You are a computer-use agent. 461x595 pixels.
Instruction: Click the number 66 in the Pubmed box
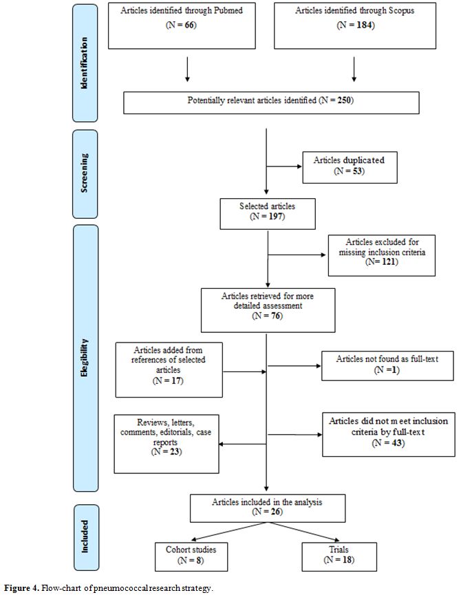click(x=190, y=25)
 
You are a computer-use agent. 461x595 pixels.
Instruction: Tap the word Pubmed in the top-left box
click(x=228, y=10)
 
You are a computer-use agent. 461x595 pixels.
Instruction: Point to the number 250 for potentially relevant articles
click(x=344, y=100)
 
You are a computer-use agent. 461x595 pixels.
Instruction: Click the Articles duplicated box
click(x=350, y=167)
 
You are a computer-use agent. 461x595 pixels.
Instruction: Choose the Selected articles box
click(x=268, y=214)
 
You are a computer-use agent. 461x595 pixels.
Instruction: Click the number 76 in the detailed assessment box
click(x=276, y=315)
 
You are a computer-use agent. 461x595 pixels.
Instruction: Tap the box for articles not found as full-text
click(x=387, y=366)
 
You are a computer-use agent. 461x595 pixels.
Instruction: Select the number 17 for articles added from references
click(x=176, y=380)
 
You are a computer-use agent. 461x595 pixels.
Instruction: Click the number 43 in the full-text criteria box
click(x=397, y=442)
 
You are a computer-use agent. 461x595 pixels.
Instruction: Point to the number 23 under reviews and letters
click(x=175, y=451)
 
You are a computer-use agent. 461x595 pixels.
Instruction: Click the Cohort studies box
click(x=191, y=556)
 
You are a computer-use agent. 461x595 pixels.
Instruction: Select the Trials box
click(x=339, y=556)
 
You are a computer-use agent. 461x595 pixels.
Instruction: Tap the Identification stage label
click(x=84, y=63)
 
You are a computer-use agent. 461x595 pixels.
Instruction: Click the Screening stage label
click(x=84, y=173)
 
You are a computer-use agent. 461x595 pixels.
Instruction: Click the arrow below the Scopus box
click(x=354, y=69)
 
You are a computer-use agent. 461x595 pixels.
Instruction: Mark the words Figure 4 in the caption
click(x=21, y=588)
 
